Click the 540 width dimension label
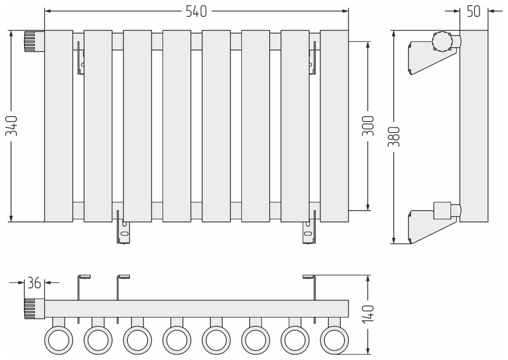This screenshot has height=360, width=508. tap(196, 10)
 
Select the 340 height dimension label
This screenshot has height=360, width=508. tap(11, 126)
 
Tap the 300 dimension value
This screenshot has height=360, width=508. tap(368, 126)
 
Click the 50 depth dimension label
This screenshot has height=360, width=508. tap(473, 10)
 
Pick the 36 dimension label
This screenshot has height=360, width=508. tap(35, 283)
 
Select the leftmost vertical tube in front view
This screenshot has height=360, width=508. tap(59, 126)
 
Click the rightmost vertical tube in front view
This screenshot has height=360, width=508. tap(334, 126)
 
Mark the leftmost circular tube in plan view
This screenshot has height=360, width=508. tap(59, 340)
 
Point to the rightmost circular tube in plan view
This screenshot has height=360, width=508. tap(334, 340)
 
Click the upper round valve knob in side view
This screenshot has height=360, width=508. tap(443, 41)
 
